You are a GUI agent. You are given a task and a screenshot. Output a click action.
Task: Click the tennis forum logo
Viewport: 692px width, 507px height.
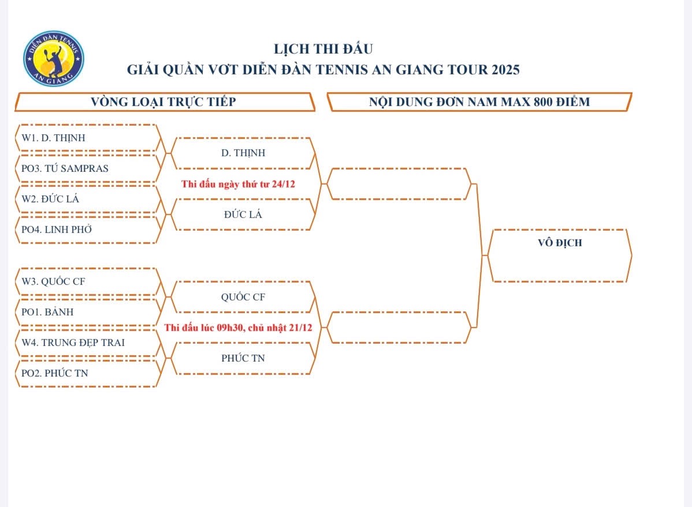pyautogui.click(x=53, y=58)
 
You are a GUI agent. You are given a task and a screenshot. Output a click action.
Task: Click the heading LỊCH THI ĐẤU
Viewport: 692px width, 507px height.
pyautogui.click(x=323, y=49)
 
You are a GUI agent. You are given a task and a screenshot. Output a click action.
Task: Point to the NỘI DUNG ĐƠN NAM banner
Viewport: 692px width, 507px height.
pyautogui.click(x=479, y=102)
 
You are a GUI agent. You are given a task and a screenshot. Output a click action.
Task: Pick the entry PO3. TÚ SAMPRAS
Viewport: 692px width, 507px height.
pyautogui.click(x=65, y=169)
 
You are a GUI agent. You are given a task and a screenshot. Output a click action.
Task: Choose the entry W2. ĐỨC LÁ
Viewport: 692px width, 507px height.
pyautogui.click(x=50, y=200)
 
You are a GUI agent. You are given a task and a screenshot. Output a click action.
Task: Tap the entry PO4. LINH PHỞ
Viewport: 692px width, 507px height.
pyautogui.click(x=57, y=230)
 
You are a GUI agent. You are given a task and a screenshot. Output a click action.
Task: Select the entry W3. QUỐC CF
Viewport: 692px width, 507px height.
pyautogui.click(x=54, y=282)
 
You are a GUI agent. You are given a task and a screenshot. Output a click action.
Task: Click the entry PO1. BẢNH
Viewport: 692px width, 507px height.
pyautogui.click(x=47, y=313)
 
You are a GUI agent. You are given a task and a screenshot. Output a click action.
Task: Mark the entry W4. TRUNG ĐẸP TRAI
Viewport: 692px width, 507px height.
pyautogui.click(x=73, y=343)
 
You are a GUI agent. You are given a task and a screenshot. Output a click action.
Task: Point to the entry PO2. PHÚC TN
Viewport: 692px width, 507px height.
pyautogui.click(x=55, y=373)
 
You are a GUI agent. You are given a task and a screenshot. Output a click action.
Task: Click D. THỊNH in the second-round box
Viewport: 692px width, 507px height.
pyautogui.click(x=243, y=153)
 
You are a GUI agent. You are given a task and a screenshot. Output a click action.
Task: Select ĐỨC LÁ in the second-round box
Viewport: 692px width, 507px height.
pyautogui.click(x=243, y=215)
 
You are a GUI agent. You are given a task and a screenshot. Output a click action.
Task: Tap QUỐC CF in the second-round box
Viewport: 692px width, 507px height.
pyautogui.click(x=243, y=298)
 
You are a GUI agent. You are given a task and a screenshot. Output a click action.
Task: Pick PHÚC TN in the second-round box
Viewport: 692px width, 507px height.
pyautogui.click(x=243, y=358)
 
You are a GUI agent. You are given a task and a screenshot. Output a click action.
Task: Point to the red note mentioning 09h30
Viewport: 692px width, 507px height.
pyautogui.click(x=238, y=328)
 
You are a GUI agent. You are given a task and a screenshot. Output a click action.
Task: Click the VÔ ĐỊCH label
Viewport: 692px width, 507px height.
pyautogui.click(x=560, y=243)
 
